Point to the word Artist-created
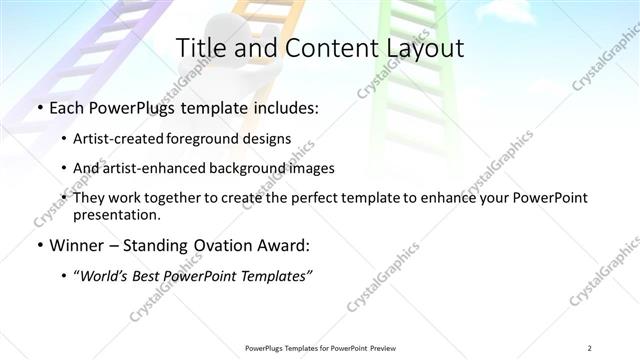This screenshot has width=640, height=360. (125, 138)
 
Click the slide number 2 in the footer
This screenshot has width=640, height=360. (590, 348)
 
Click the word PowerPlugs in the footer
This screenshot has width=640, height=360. (264, 348)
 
